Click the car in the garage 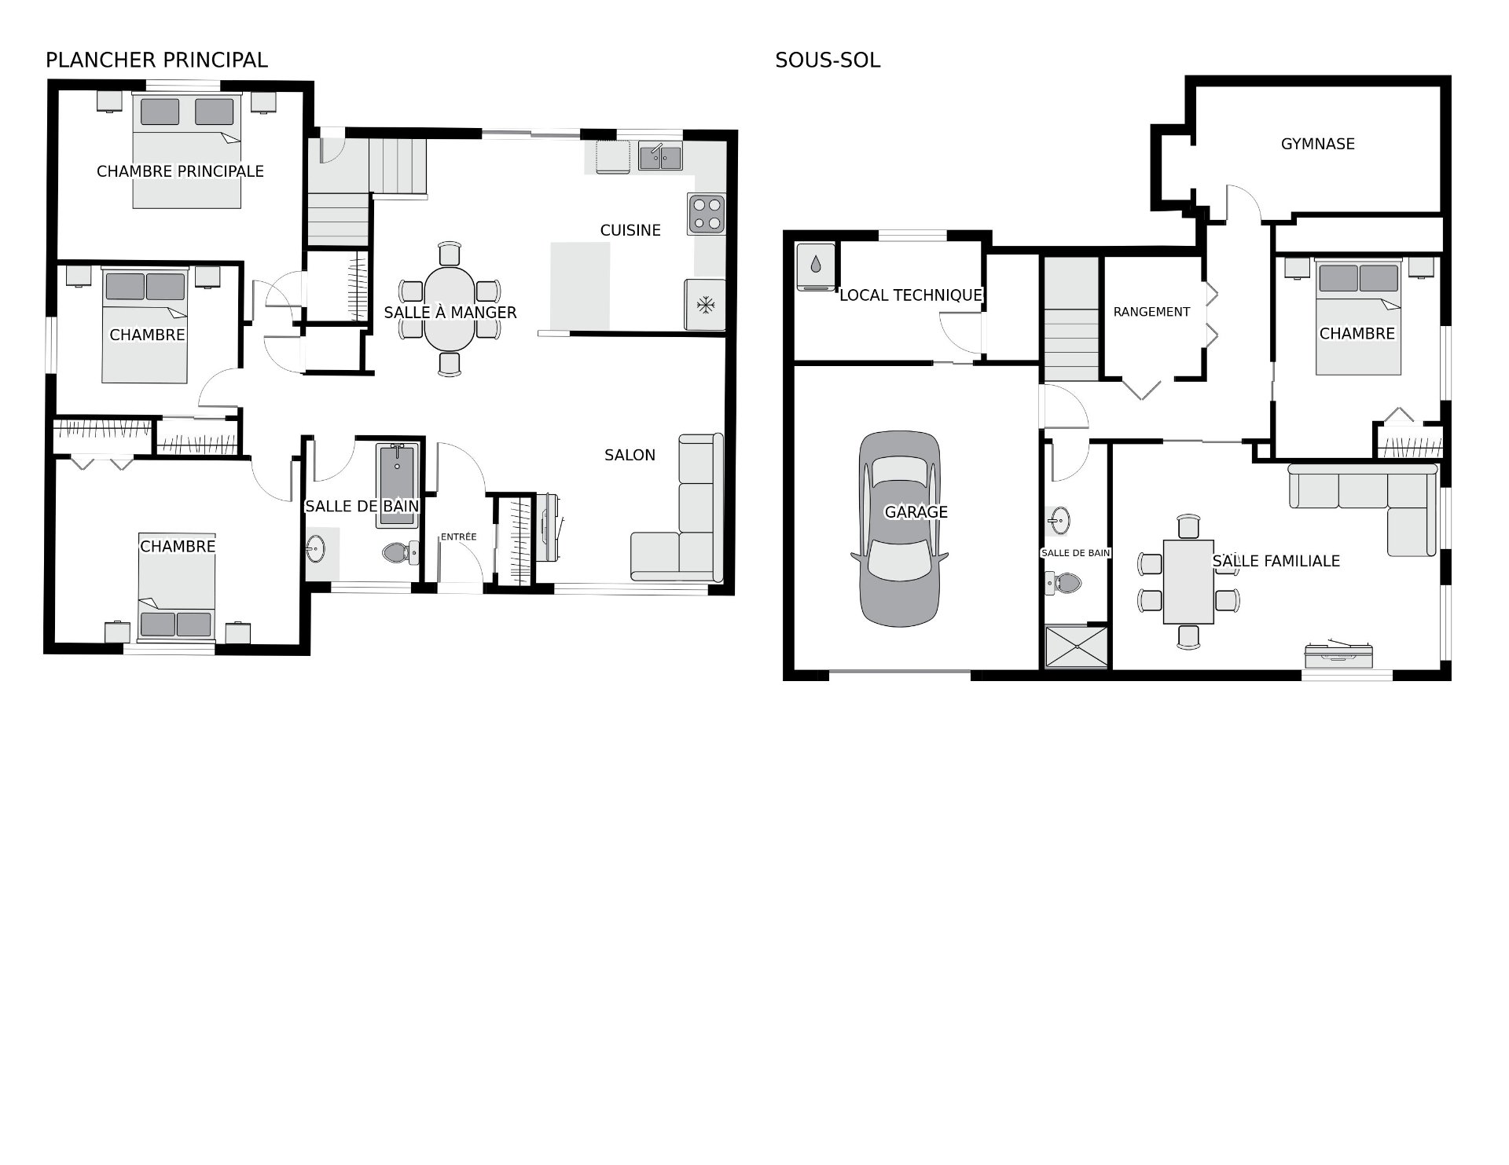pos(899,528)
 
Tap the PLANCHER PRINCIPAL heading pos(156,60)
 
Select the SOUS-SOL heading pos(828,60)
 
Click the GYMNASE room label pos(1318,144)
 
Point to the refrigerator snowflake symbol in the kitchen pos(706,304)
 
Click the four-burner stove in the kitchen pos(706,214)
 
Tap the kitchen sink pos(660,156)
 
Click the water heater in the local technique pos(815,266)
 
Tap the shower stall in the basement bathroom pos(1076,647)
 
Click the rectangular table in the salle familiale pos(1188,581)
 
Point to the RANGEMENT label pos(1151,312)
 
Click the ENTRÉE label pos(458,537)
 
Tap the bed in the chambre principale pos(186,151)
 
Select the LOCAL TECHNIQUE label pos(911,295)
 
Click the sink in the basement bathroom pos(1058,518)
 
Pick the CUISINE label pos(630,230)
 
